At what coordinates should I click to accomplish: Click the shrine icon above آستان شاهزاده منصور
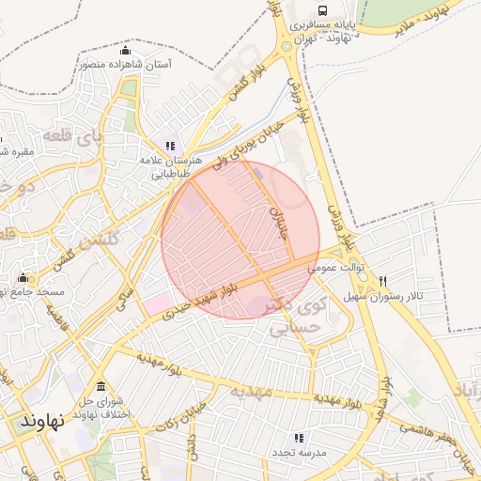pos(126,50)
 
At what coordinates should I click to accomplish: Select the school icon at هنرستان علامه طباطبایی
pos(170,146)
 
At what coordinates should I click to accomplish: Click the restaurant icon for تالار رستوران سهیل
pos(383,281)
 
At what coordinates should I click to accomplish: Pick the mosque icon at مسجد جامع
pos(23,278)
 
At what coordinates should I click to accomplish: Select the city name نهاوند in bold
pos(43,422)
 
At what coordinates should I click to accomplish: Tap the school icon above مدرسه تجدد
pos(299,438)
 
